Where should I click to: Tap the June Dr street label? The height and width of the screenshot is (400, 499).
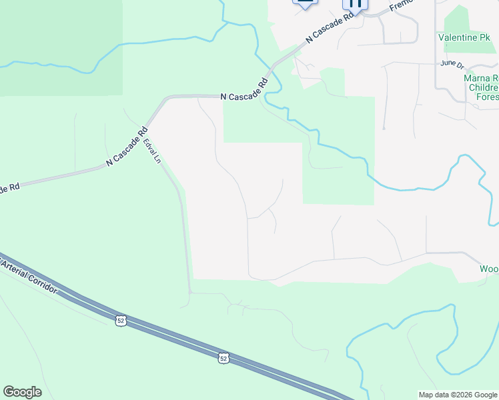pyautogui.click(x=452, y=63)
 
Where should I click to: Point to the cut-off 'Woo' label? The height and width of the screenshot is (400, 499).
pyautogui.click(x=488, y=269)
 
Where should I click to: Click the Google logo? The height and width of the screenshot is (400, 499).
pyautogui.click(x=22, y=392)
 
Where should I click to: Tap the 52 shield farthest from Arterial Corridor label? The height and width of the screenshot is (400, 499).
pyautogui.click(x=223, y=359)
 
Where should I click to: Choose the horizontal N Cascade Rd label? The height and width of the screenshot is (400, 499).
pyautogui.click(x=244, y=97)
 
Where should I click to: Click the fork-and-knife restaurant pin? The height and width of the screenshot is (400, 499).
pyautogui.click(x=355, y=3)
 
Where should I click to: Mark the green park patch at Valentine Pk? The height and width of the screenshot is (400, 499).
pyautogui.click(x=458, y=20)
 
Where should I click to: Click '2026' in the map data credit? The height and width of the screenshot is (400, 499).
pyautogui.click(x=463, y=395)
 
